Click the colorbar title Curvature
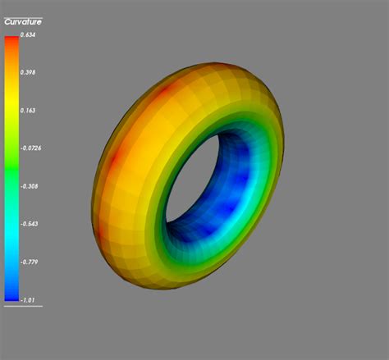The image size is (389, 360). pyautogui.click(x=23, y=22)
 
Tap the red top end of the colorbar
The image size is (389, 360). pyautogui.click(x=11, y=41)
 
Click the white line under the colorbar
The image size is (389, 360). pyautogui.click(x=23, y=306)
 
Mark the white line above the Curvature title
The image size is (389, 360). pyautogui.click(x=23, y=17)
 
